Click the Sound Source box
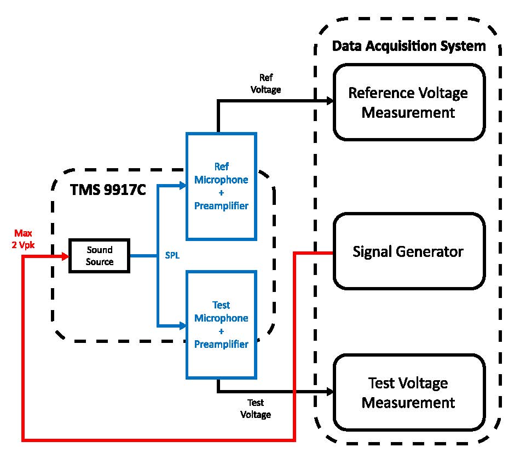[x=99, y=256]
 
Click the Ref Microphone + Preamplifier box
[x=221, y=186]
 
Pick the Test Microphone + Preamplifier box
[x=221, y=324]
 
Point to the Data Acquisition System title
[x=409, y=46]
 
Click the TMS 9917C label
[x=107, y=190]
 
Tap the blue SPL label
[x=172, y=256]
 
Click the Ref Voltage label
[x=265, y=83]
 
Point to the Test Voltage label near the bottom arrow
[x=255, y=409]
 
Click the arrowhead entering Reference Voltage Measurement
[x=330, y=101]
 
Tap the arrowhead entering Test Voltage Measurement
[x=330, y=392]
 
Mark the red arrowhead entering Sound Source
[x=65, y=256]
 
